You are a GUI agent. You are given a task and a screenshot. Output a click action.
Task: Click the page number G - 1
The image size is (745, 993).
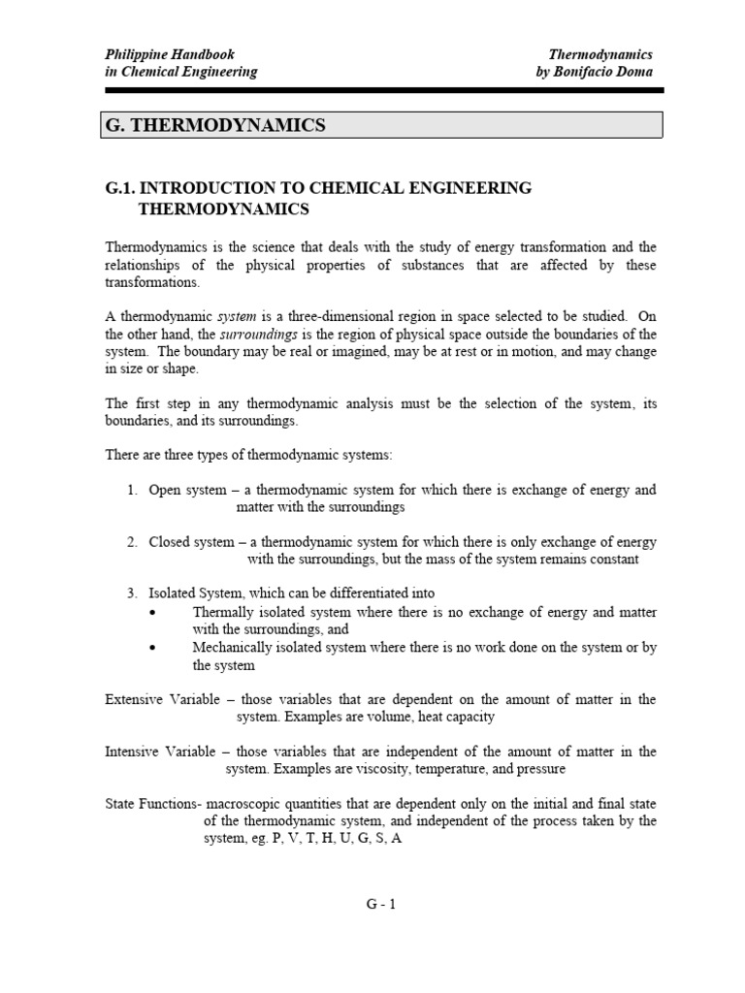(x=380, y=904)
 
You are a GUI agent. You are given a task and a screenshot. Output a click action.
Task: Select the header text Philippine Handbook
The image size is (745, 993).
(x=170, y=55)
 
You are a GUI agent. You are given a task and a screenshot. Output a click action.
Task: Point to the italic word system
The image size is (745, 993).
(x=236, y=316)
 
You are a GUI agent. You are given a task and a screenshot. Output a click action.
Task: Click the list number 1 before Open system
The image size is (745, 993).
(x=131, y=490)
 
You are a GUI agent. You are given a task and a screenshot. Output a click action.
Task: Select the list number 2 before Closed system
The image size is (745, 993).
(x=131, y=542)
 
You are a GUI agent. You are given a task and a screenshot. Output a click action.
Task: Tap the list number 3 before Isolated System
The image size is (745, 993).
(x=131, y=593)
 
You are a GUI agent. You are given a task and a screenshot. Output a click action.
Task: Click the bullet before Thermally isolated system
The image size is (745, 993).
(x=155, y=613)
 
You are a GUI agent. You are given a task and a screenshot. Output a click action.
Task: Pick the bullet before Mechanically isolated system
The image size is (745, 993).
(x=155, y=648)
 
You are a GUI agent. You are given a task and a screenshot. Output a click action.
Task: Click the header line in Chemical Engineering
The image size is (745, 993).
(x=181, y=72)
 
